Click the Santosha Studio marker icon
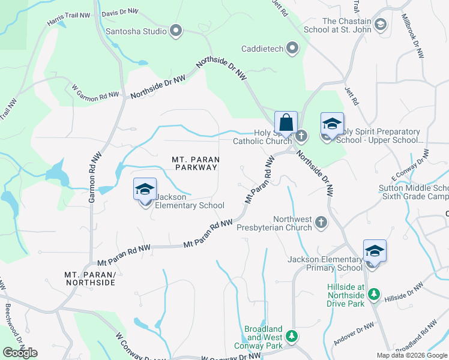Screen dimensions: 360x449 pyautogui.click(x=176, y=30)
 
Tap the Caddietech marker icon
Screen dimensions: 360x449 pyautogui.click(x=292, y=47)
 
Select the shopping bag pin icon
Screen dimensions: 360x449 pyautogui.click(x=286, y=124)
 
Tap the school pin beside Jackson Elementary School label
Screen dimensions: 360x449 pyautogui.click(x=144, y=190)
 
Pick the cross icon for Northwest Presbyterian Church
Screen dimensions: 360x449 pyautogui.click(x=321, y=223)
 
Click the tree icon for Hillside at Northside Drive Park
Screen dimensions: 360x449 pyautogui.click(x=374, y=294)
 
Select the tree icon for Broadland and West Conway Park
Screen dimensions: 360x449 pyautogui.click(x=292, y=335)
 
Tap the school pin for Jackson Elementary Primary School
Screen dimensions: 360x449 pyautogui.click(x=375, y=252)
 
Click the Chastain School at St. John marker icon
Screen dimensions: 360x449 pyautogui.click(x=379, y=25)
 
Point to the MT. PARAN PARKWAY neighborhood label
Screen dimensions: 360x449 pyautogui.click(x=195, y=163)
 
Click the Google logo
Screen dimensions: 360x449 pyautogui.click(x=20, y=353)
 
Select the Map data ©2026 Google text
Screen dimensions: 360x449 pyautogui.click(x=412, y=355)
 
